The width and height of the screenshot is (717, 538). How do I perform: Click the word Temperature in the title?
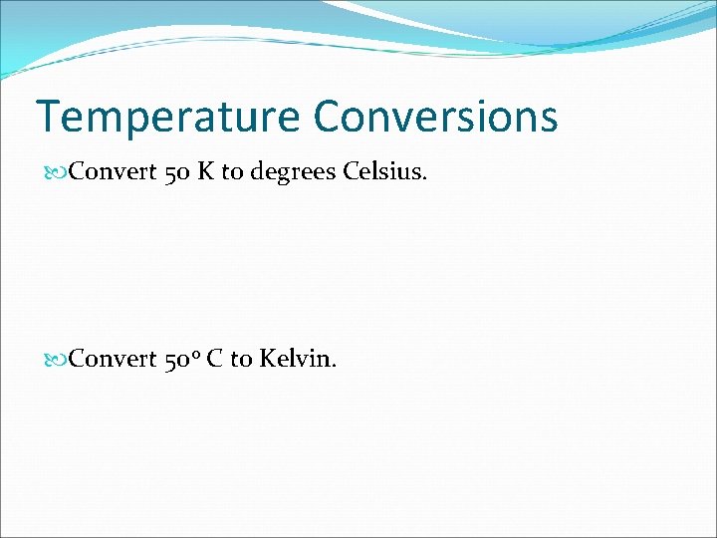[x=167, y=118]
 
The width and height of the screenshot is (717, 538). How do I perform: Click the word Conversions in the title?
[x=435, y=117]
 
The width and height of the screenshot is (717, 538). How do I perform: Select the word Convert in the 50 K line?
[x=113, y=172]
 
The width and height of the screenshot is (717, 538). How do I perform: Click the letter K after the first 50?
[x=206, y=172]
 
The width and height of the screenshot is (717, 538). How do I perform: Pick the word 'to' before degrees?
[x=232, y=173]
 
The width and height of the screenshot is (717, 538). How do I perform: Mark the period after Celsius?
[x=425, y=180]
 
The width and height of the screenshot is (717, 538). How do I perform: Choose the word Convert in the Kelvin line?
[x=113, y=358]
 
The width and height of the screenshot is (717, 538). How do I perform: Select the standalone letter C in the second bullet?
[x=214, y=358]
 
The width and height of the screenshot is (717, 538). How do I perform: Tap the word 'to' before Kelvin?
[x=241, y=359]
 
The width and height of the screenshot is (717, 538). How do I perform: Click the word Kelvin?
[x=295, y=358]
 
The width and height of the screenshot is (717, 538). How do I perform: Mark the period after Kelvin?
[x=334, y=366]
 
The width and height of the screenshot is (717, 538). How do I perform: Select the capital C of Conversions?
[x=329, y=117]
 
